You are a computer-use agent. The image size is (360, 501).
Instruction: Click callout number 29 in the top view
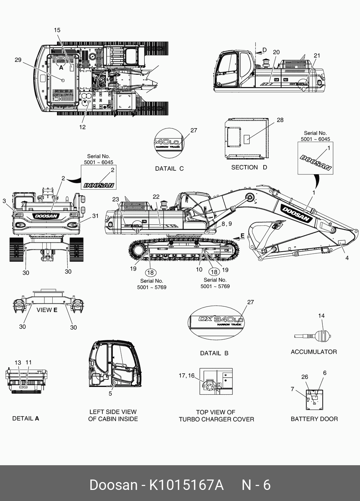pyautogui.click(x=18, y=60)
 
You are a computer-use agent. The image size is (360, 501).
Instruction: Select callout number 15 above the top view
pyautogui.click(x=57, y=30)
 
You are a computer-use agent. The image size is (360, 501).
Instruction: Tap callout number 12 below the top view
pyautogui.click(x=82, y=127)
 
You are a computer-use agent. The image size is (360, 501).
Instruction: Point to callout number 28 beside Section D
pyautogui.click(x=280, y=120)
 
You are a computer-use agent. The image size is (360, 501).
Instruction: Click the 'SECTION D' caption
pyautogui.click(x=249, y=167)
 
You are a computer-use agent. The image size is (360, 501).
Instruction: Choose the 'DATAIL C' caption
pyautogui.click(x=169, y=169)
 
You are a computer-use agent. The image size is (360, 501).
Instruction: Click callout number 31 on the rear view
pyautogui.click(x=95, y=216)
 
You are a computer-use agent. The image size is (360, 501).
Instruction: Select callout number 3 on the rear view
pyautogui.click(x=4, y=201)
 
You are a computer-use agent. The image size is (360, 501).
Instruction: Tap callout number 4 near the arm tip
pyautogui.click(x=347, y=258)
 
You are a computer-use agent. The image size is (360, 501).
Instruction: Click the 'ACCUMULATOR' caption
pyautogui.click(x=313, y=352)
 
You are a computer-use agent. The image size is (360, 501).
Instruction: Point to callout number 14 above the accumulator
pyautogui.click(x=321, y=316)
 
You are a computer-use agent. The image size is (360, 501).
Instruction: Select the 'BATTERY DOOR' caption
pyautogui.click(x=314, y=419)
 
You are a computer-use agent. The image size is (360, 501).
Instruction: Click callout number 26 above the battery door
pyautogui.click(x=304, y=377)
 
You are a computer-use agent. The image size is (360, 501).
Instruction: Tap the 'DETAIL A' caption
pyautogui.click(x=25, y=418)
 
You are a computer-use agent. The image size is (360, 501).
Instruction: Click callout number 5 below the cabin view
pyautogui.click(x=110, y=394)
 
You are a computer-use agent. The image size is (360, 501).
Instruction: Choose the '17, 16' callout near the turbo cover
pyautogui.click(x=187, y=375)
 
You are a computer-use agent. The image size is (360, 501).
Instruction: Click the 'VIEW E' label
pyautogui.click(x=47, y=310)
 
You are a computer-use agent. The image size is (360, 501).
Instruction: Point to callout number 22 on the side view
pyautogui.click(x=156, y=196)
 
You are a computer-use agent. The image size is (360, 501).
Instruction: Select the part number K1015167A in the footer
pyautogui.click(x=186, y=485)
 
